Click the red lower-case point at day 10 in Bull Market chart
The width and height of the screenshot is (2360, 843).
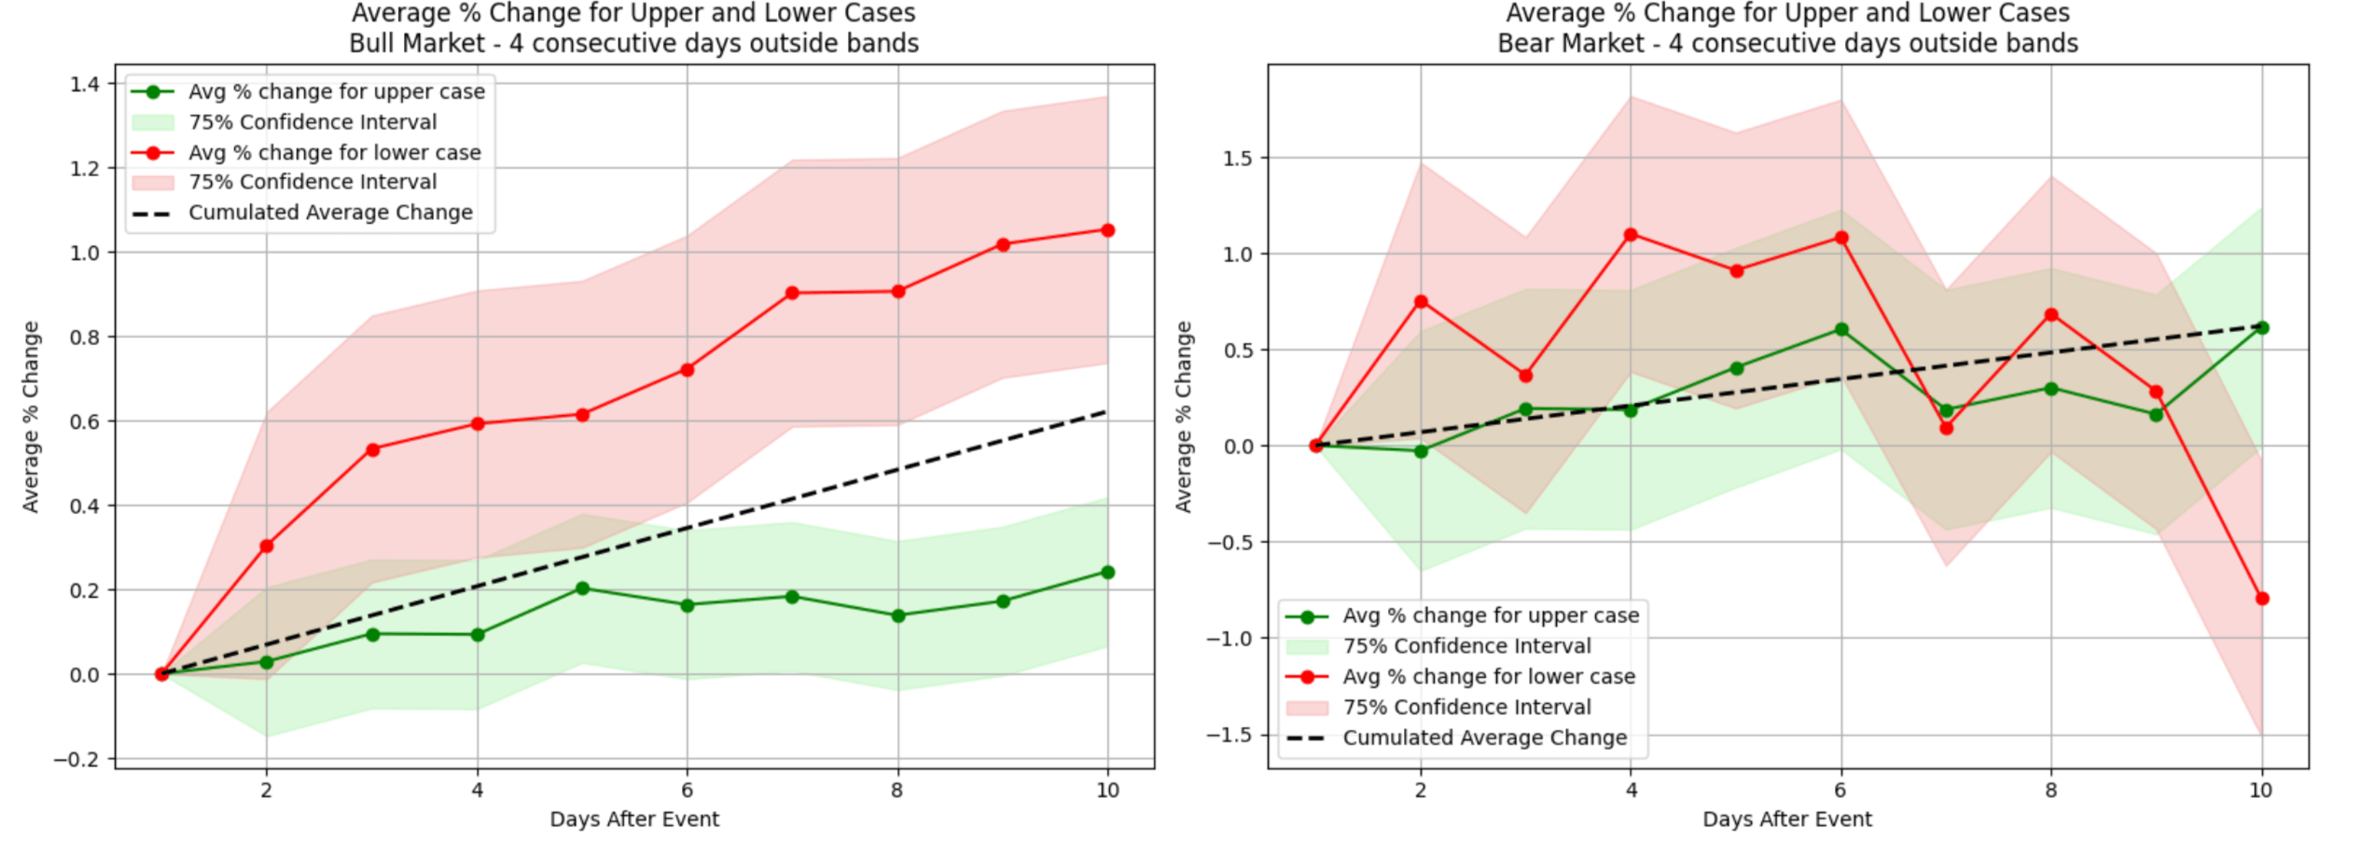pos(1107,230)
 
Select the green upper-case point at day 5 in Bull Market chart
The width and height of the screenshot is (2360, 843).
pos(582,588)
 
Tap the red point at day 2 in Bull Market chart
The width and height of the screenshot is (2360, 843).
pos(267,546)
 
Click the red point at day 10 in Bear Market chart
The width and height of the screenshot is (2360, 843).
pos(2261,599)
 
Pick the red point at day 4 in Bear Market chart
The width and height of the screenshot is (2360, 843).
pos(1631,235)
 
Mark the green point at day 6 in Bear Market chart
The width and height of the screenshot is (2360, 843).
pos(1841,329)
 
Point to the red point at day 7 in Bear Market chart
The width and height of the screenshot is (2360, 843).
pos(1946,428)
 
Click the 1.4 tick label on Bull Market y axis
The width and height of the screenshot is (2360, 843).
pos(85,85)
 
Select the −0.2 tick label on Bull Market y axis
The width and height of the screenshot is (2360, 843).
pos(76,759)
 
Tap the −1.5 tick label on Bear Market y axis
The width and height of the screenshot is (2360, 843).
pos(1229,735)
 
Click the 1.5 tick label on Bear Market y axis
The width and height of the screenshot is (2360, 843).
pos(1237,159)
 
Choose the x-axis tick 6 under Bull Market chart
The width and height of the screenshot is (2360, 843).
pos(687,791)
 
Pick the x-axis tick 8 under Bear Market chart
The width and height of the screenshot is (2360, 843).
pos(2050,791)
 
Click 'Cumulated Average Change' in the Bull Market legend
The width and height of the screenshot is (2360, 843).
pos(330,213)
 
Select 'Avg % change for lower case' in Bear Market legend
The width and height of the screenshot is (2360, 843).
pos(1489,677)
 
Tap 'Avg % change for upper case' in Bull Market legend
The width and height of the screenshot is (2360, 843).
pos(337,91)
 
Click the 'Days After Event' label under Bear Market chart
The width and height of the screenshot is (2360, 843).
pos(1786,820)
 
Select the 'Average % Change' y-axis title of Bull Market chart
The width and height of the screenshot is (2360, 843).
pos(31,417)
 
